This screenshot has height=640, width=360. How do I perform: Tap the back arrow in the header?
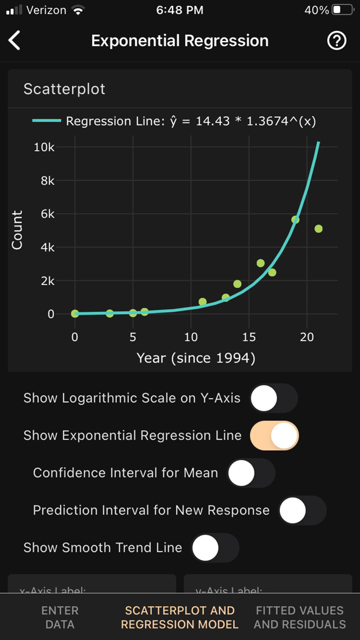click(x=14, y=41)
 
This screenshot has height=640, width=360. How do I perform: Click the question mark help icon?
click(x=337, y=41)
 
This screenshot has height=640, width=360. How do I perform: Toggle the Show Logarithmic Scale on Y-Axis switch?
click(x=274, y=398)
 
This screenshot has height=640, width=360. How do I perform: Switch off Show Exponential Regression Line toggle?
click(x=274, y=436)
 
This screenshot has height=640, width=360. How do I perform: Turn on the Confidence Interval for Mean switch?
click(x=251, y=473)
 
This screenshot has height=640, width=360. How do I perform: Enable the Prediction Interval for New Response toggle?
click(x=302, y=510)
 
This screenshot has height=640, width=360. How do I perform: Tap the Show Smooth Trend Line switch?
click(x=215, y=547)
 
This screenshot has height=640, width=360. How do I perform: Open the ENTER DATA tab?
click(x=60, y=617)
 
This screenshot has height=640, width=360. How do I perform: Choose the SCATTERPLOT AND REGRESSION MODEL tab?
click(x=179, y=617)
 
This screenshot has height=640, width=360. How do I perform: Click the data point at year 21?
click(x=318, y=228)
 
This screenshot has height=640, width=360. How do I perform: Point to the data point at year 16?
click(x=261, y=263)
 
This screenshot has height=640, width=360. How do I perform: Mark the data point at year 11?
click(x=203, y=302)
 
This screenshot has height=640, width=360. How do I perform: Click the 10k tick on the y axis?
click(x=44, y=147)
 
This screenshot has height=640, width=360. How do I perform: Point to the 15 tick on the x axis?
click(x=249, y=337)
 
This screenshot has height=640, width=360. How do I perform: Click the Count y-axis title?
click(x=17, y=230)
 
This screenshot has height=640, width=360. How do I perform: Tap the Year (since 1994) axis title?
click(x=196, y=358)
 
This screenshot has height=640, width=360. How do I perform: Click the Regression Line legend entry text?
click(x=191, y=121)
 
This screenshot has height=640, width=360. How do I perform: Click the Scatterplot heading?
click(x=64, y=88)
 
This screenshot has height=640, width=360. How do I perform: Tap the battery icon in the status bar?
click(x=343, y=10)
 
